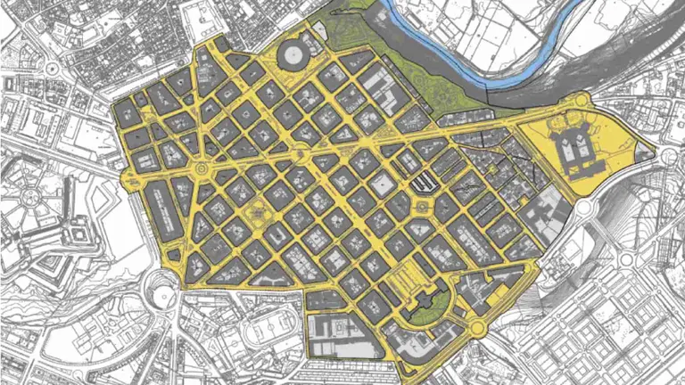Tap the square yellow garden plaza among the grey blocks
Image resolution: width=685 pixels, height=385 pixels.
point(256,215)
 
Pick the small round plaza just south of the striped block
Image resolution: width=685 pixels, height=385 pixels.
point(419,208)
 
